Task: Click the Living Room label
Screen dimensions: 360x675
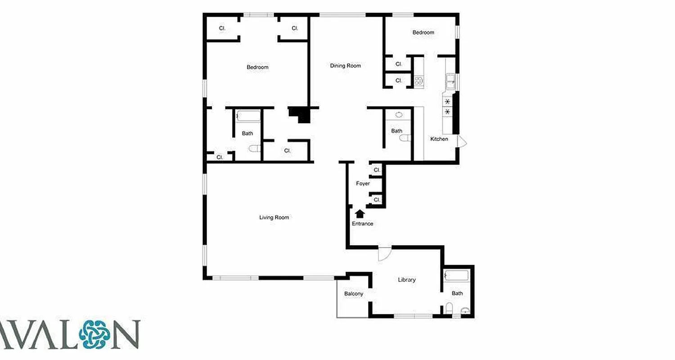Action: coord(274,217)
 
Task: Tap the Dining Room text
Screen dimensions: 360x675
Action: coord(345,66)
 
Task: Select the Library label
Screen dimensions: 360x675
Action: coord(406,279)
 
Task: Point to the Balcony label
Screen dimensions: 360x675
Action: coord(353,294)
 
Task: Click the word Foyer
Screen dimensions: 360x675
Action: coord(363,184)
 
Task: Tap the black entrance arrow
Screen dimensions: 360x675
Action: coord(360,214)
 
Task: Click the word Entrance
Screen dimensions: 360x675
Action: coord(362,224)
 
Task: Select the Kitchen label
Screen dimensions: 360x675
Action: coord(439,139)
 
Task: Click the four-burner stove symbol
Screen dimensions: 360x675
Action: coord(419,81)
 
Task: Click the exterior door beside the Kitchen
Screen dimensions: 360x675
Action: coord(462,141)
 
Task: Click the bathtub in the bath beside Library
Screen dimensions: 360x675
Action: coord(456,275)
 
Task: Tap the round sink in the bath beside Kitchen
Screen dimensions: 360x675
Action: coord(399,115)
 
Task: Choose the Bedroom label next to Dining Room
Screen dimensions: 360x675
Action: coord(257,67)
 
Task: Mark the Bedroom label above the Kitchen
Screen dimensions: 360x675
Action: coord(423,32)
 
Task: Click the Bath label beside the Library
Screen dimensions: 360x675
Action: coord(457,293)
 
